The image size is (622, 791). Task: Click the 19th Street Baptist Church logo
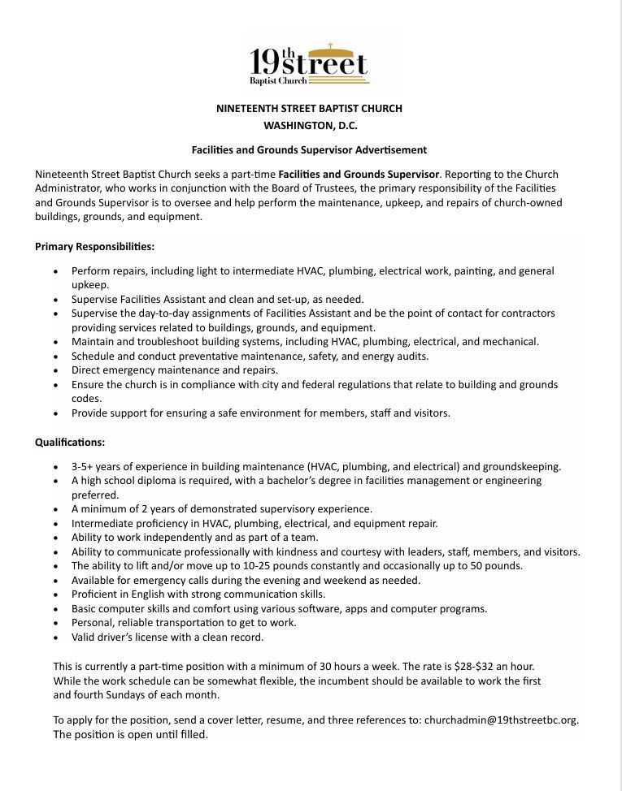tap(309, 64)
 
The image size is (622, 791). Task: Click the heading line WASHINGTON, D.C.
tap(310, 126)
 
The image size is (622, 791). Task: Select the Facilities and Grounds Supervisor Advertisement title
tap(309, 150)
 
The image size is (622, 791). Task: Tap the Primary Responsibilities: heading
tap(94, 246)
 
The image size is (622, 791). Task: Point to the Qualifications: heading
tap(70, 443)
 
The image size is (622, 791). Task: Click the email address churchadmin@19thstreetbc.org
tap(501, 720)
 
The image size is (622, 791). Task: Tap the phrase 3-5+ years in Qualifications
tap(95, 467)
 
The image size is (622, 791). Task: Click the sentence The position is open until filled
tap(131, 735)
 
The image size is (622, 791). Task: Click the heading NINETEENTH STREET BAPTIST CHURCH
tap(309, 108)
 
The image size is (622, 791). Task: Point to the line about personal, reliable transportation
tap(184, 623)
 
